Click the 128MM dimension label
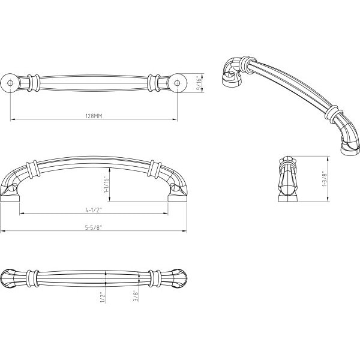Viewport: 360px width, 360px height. point(94,116)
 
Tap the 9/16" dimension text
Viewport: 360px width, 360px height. point(199,83)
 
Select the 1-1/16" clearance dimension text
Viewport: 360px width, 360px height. point(107,185)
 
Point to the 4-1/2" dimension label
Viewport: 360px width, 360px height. point(94,210)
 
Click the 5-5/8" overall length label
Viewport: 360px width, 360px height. point(94,227)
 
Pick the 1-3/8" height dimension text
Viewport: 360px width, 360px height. point(324,178)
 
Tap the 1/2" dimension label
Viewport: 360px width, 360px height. point(103,298)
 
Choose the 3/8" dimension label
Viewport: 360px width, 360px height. point(136,296)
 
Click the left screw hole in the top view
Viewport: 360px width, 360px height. point(10,83)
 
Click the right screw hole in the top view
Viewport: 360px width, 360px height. point(177,83)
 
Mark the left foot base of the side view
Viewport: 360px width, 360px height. point(10,199)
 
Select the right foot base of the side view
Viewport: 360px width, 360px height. point(178,199)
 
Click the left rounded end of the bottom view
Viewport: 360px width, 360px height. point(8,278)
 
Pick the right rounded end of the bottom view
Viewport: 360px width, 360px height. point(179,278)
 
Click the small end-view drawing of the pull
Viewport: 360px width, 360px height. point(288,179)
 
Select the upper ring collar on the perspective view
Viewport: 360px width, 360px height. point(248,64)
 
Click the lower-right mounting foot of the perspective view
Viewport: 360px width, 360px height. point(350,151)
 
